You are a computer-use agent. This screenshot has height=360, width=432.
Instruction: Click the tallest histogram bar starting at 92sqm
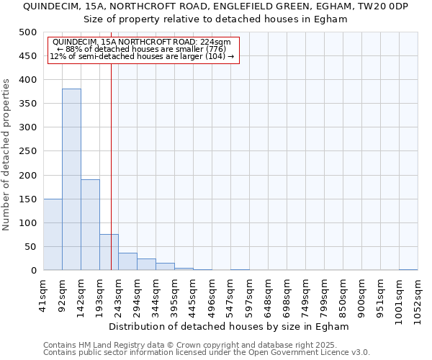pyautogui.click(x=71, y=180)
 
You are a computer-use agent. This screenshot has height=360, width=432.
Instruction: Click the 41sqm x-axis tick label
pyautogui.click(x=43, y=295)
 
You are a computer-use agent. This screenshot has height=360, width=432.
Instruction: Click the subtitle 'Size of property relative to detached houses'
pyautogui.click(x=215, y=19)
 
